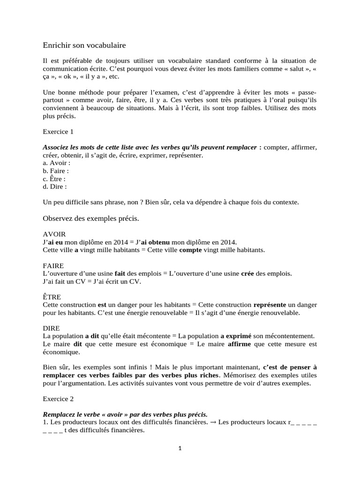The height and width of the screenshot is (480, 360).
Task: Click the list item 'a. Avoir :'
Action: tap(56, 163)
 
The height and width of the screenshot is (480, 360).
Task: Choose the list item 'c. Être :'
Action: tap(54, 179)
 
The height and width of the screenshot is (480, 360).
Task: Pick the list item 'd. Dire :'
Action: tap(55, 186)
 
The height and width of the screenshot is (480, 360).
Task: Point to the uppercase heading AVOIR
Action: tap(54, 234)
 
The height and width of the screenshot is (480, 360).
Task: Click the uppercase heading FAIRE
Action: tap(53, 265)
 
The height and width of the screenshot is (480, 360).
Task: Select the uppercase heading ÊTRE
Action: tap(52, 297)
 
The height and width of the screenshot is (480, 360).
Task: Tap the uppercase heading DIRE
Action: tap(52, 328)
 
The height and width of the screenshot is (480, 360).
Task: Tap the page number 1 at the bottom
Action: tap(180, 448)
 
